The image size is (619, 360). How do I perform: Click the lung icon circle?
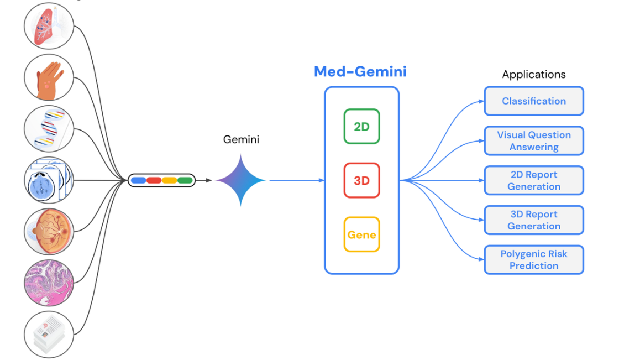[49, 26]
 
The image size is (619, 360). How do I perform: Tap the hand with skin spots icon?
[49, 77]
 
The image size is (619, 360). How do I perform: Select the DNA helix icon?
[49, 129]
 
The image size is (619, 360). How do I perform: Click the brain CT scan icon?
[49, 180]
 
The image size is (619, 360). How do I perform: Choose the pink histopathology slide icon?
[49, 283]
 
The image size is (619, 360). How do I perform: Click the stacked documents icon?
[49, 334]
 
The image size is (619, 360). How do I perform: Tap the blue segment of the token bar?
[138, 180]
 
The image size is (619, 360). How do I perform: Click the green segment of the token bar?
[185, 180]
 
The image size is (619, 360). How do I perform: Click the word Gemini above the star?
[241, 140]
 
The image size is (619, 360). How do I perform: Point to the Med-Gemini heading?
[360, 71]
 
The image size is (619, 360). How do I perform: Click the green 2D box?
[361, 127]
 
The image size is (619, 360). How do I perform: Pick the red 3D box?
[361, 180]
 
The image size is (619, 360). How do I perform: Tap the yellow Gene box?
[361, 234]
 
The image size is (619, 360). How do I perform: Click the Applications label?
[533, 74]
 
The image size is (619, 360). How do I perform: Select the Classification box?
[534, 101]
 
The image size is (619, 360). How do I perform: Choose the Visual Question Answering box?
[534, 141]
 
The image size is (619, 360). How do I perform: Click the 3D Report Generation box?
[534, 220]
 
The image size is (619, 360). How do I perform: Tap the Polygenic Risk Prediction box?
[534, 260]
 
